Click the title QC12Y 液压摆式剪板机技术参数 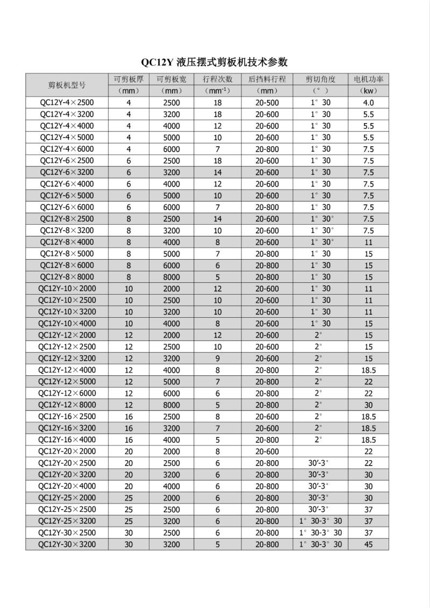pos(214,61)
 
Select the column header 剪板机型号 pos(67,85)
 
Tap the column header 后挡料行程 pos(267,79)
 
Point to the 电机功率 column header pos(368,79)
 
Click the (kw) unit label pos(368,91)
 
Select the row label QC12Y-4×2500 pos(67,103)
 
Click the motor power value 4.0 pos(368,103)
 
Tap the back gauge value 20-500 pos(267,103)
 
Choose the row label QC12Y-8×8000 pos(67,277)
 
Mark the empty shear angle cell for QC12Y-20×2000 pos(320,452)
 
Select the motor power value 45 pos(368,545)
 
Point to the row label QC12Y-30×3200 pos(67,545)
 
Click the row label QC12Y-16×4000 pos(67,440)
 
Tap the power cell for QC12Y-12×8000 pos(368,405)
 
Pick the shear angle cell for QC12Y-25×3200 pos(320,521)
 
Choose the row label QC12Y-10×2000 pos(67,289)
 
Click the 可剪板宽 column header pos(171,79)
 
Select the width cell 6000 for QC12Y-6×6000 pos(171,207)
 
